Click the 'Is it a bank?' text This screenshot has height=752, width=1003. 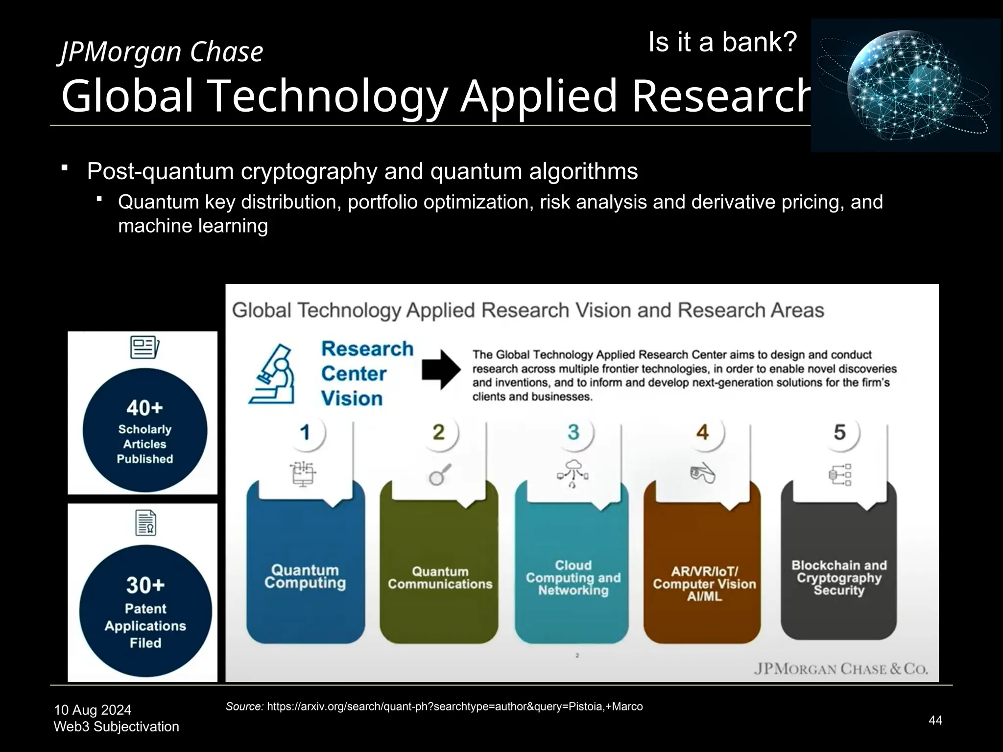(x=722, y=43)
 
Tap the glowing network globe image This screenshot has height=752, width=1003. (x=906, y=86)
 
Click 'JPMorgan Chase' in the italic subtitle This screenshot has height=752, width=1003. (x=162, y=52)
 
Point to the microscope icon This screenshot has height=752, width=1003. (x=272, y=374)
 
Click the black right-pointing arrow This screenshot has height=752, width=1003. (x=441, y=370)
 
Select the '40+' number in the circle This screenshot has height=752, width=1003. (x=144, y=408)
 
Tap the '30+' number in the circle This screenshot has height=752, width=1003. (x=145, y=585)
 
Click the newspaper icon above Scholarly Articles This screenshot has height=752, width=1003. (x=144, y=348)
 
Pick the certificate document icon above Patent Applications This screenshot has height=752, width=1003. (x=146, y=523)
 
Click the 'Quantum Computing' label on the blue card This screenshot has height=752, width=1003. (x=305, y=577)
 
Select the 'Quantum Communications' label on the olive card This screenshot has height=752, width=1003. (x=440, y=578)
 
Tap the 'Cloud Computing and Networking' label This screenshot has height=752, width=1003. (x=573, y=578)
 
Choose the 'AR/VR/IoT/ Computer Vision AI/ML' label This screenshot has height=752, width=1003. (x=704, y=584)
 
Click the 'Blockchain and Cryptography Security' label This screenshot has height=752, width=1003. (x=839, y=578)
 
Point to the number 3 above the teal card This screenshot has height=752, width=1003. (x=573, y=432)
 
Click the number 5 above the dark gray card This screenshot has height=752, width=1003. (x=839, y=432)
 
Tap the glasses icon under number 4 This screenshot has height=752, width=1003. (x=703, y=473)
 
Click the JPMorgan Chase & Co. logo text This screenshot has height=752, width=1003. (x=840, y=669)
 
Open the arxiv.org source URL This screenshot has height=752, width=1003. (x=454, y=706)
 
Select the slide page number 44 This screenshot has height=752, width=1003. (x=935, y=720)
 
